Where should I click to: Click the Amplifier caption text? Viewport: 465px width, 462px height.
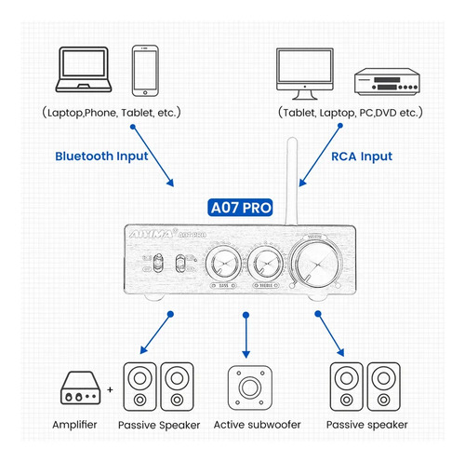pos(80,427)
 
